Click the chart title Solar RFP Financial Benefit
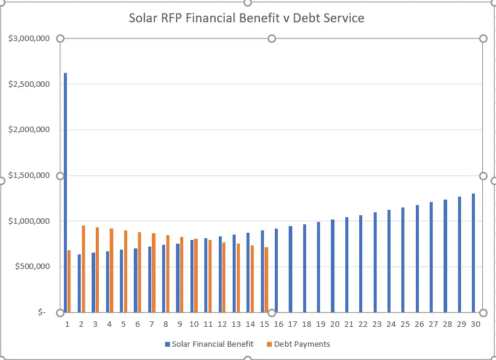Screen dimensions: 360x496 pyautogui.click(x=246, y=18)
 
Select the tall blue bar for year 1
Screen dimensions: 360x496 pyautogui.click(x=65, y=193)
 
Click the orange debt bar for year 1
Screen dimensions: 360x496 pyautogui.click(x=69, y=281)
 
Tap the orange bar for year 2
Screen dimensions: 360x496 pyautogui.click(x=83, y=269)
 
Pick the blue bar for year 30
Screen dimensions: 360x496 pyautogui.click(x=474, y=253)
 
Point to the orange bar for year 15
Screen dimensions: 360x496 pyautogui.click(x=266, y=280)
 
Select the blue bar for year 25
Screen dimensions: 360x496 pyautogui.click(x=403, y=260)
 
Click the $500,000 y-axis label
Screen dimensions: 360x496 pyautogui.click(x=31, y=267)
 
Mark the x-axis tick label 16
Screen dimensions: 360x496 pyautogui.click(x=278, y=324)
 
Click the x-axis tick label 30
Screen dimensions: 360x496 pyautogui.click(x=476, y=324)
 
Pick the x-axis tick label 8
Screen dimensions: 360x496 pyautogui.click(x=165, y=324)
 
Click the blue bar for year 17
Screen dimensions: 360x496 pyautogui.click(x=290, y=270)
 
